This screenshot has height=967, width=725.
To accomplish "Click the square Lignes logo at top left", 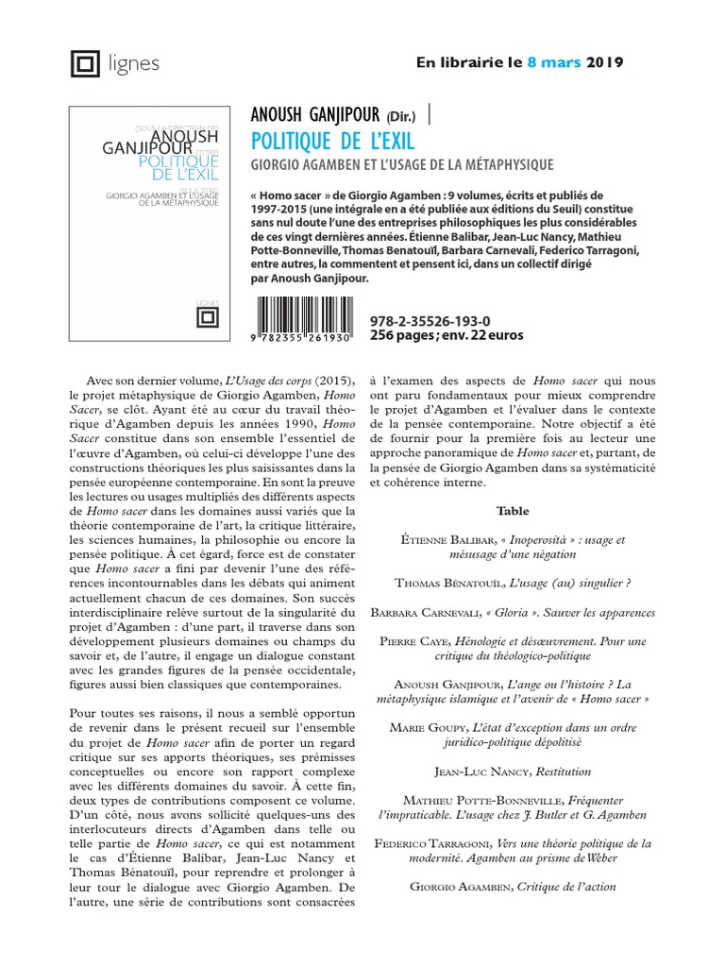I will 86,64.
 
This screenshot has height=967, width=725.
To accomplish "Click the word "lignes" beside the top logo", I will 133,64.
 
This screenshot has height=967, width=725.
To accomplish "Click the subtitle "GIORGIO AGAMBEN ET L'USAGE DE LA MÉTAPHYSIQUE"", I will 401,166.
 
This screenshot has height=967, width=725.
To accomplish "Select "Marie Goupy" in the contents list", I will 428,728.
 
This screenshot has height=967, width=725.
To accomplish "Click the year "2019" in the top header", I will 605,62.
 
